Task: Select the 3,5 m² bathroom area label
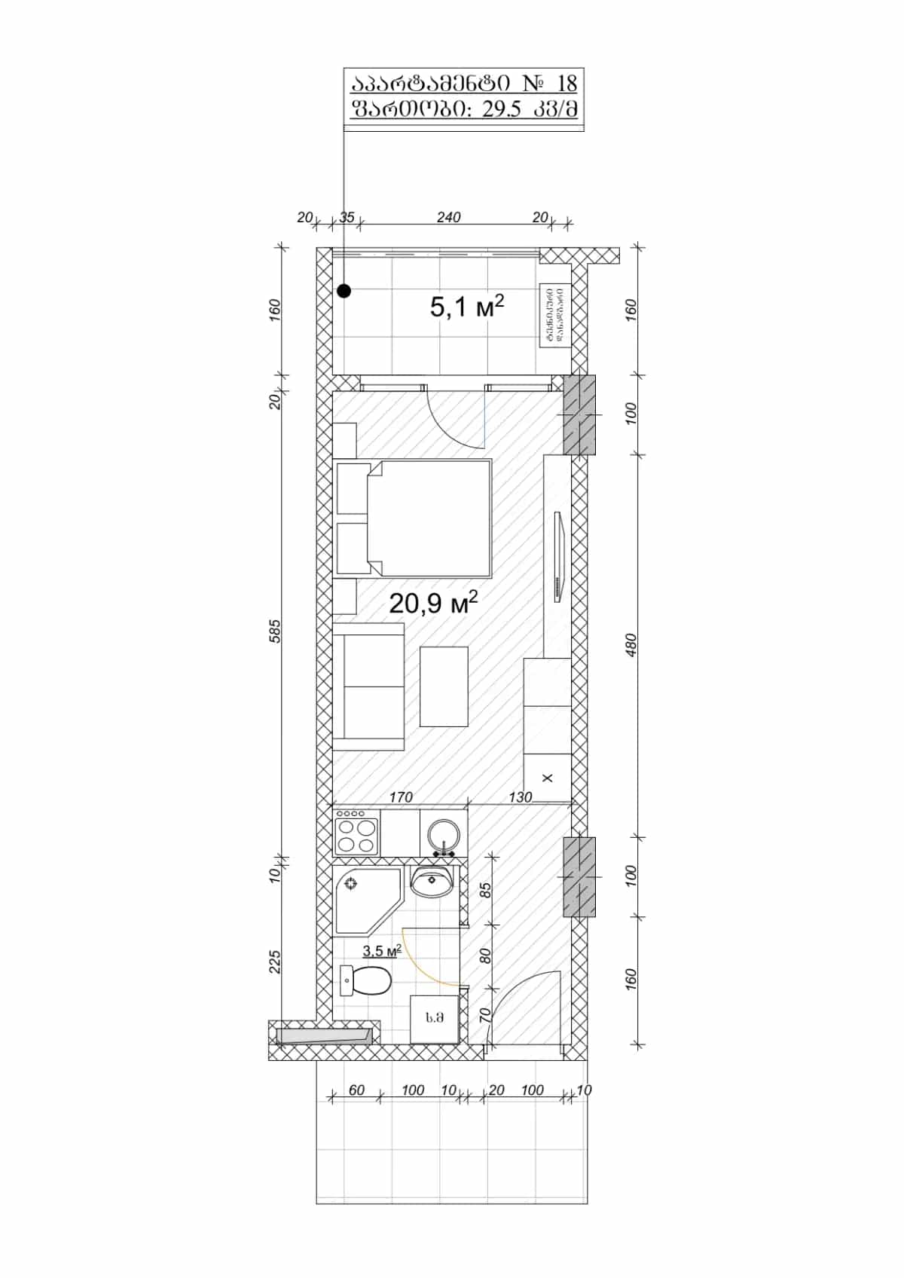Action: tap(381, 951)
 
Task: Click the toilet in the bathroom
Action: tap(367, 981)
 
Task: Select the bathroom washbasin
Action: tap(431, 880)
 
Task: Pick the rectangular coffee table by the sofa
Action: tap(444, 686)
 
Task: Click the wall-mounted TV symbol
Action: tap(558, 557)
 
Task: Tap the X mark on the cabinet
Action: tap(548, 778)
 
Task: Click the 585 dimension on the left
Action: tap(275, 631)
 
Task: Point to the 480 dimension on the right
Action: tap(631, 645)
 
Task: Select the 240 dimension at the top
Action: tap(448, 217)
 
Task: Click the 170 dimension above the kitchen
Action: tap(400, 796)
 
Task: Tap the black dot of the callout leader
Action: tap(344, 290)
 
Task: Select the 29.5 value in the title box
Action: tap(502, 109)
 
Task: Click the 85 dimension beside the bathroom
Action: tap(486, 890)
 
